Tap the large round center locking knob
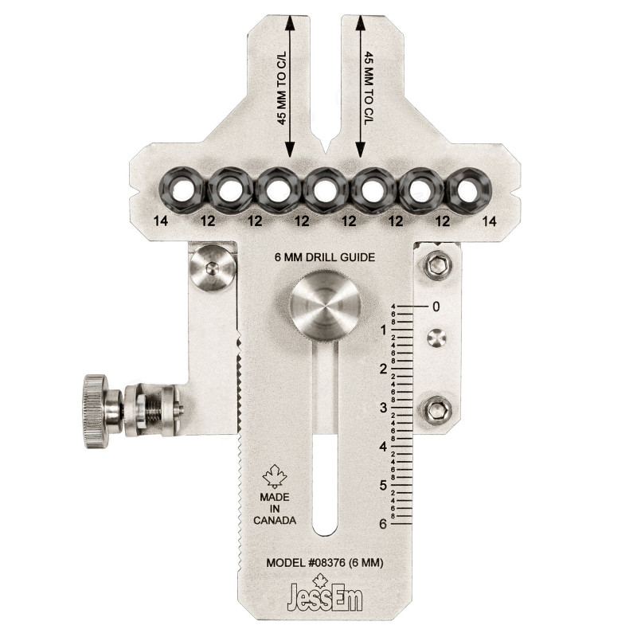click(x=324, y=309)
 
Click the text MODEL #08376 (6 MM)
click(x=325, y=563)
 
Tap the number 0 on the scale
click(x=436, y=306)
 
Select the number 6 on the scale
click(x=383, y=524)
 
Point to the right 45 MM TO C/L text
click(x=369, y=88)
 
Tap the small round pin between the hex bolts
click(x=435, y=338)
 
